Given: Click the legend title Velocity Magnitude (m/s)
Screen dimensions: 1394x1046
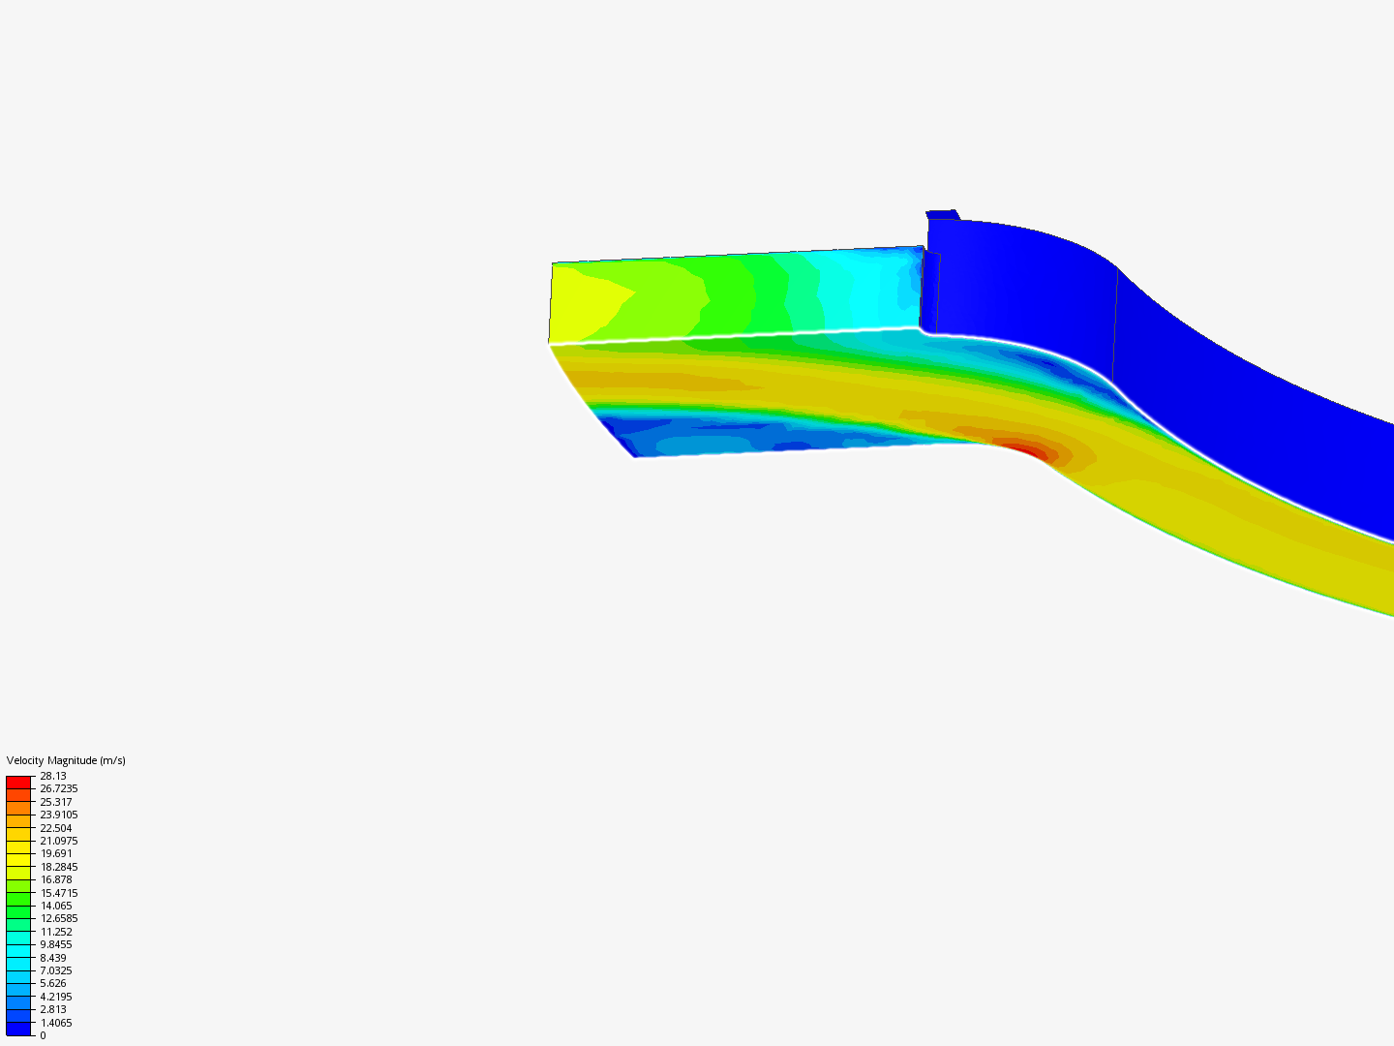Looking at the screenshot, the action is (x=66, y=760).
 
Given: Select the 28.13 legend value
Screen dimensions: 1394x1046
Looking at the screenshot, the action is (x=53, y=776).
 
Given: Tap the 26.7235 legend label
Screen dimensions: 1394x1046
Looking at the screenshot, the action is (x=59, y=788).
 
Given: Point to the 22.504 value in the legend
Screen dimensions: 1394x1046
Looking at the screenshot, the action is (x=56, y=828).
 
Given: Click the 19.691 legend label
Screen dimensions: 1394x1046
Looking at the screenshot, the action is (x=56, y=853).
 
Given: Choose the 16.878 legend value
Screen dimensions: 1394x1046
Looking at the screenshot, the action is (x=56, y=879).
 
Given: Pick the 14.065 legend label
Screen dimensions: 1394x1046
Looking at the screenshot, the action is (x=56, y=906).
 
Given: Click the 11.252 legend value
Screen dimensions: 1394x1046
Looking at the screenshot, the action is (x=56, y=932).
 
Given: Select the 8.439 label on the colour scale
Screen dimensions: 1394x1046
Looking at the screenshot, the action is (x=53, y=958).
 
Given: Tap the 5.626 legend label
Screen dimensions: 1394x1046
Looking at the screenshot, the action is (x=53, y=983).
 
